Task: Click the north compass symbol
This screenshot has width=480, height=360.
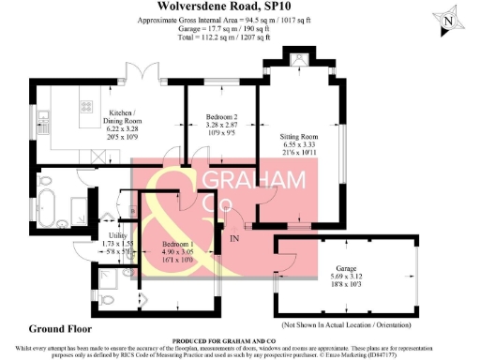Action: point(449,20)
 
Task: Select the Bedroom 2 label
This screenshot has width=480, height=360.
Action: point(223,116)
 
